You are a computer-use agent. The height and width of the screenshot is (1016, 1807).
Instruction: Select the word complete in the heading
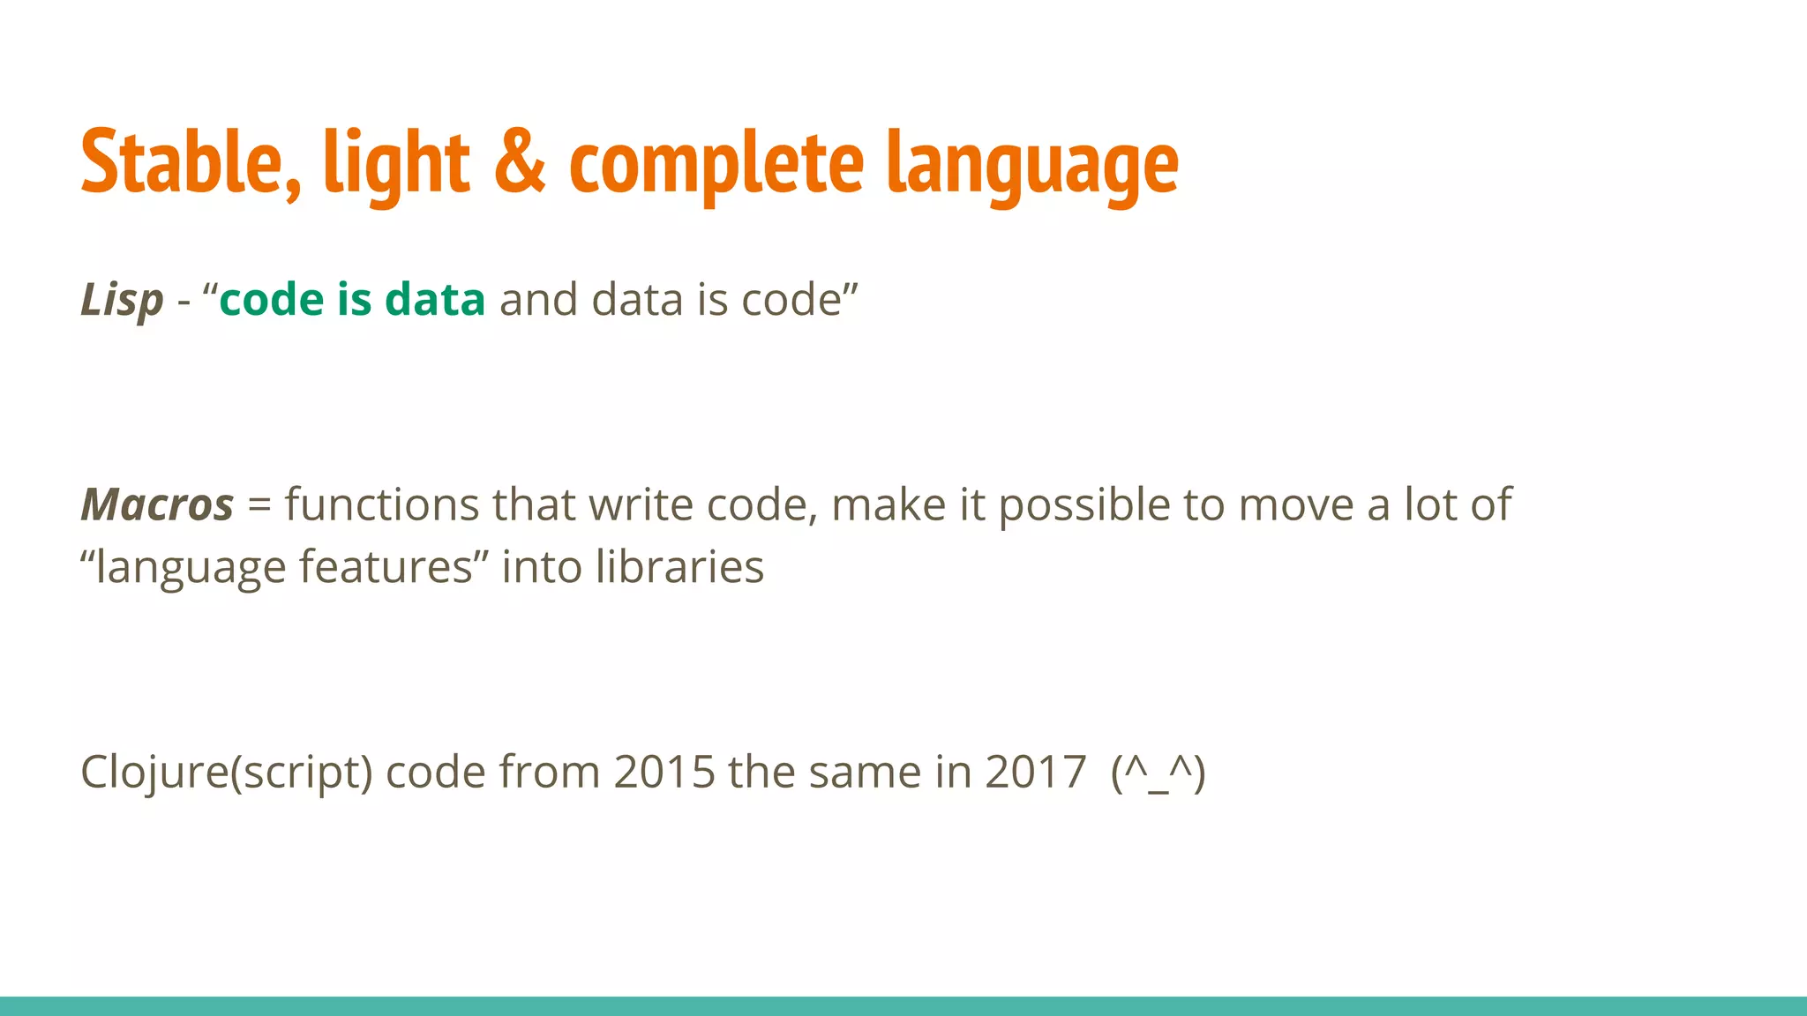click(716, 164)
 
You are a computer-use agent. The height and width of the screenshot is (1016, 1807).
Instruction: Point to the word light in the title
click(396, 164)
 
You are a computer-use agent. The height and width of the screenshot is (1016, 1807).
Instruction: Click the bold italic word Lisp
click(122, 301)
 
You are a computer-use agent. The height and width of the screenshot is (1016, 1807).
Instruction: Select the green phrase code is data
click(352, 299)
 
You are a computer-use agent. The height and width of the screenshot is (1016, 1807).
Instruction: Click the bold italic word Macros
click(157, 505)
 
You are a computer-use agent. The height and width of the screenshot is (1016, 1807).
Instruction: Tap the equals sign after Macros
click(259, 505)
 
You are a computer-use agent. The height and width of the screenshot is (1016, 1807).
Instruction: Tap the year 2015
click(664, 773)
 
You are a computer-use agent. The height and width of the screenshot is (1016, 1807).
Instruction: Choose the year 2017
click(1035, 773)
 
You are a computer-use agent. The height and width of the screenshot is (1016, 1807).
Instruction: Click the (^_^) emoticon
click(1158, 773)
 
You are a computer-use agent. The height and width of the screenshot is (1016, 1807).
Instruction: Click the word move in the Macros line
click(1296, 505)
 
